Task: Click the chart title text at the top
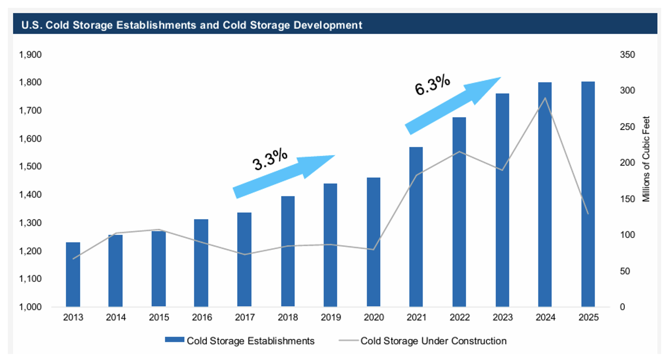point(192,25)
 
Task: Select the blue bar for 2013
point(73,274)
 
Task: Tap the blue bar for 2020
point(373,242)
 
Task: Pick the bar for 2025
point(588,194)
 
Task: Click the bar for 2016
point(201,263)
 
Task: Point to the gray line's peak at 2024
point(545,98)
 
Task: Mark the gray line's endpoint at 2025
point(588,214)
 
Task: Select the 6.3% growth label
point(432,85)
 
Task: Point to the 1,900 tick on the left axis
point(30,55)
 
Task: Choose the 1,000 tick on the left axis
point(30,307)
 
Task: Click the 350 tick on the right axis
point(627,55)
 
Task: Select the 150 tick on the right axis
point(627,199)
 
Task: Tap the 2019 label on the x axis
point(331,317)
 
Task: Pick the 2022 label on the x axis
point(460,317)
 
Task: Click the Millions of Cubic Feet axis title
point(646,159)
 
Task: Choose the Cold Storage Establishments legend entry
point(240,341)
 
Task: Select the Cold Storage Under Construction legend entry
point(423,341)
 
